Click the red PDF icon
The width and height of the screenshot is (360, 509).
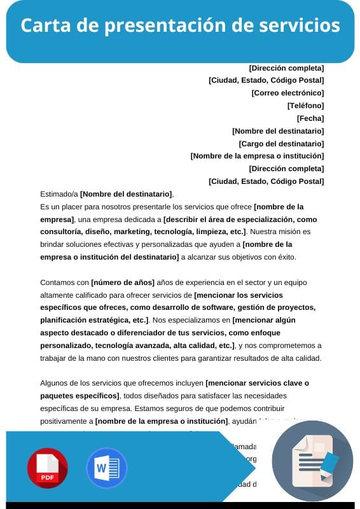pyautogui.click(x=47, y=468)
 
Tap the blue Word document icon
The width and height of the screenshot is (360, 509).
pyautogui.click(x=106, y=468)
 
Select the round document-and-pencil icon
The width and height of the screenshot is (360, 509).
pyautogui.click(x=312, y=461)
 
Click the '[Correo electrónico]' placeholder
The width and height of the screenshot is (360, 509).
pyautogui.click(x=287, y=93)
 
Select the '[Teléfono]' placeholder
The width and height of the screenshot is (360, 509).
pyautogui.click(x=305, y=106)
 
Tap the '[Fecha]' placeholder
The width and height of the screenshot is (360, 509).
pyautogui.click(x=310, y=118)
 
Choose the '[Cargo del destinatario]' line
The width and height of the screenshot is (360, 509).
pyautogui.click(x=281, y=144)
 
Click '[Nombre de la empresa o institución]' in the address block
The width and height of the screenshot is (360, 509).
pyautogui.click(x=257, y=156)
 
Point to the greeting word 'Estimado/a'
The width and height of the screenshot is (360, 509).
pyautogui.click(x=59, y=194)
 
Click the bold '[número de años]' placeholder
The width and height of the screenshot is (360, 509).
pyautogui.click(x=123, y=282)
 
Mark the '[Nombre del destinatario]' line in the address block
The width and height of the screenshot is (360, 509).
pyautogui.click(x=278, y=131)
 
